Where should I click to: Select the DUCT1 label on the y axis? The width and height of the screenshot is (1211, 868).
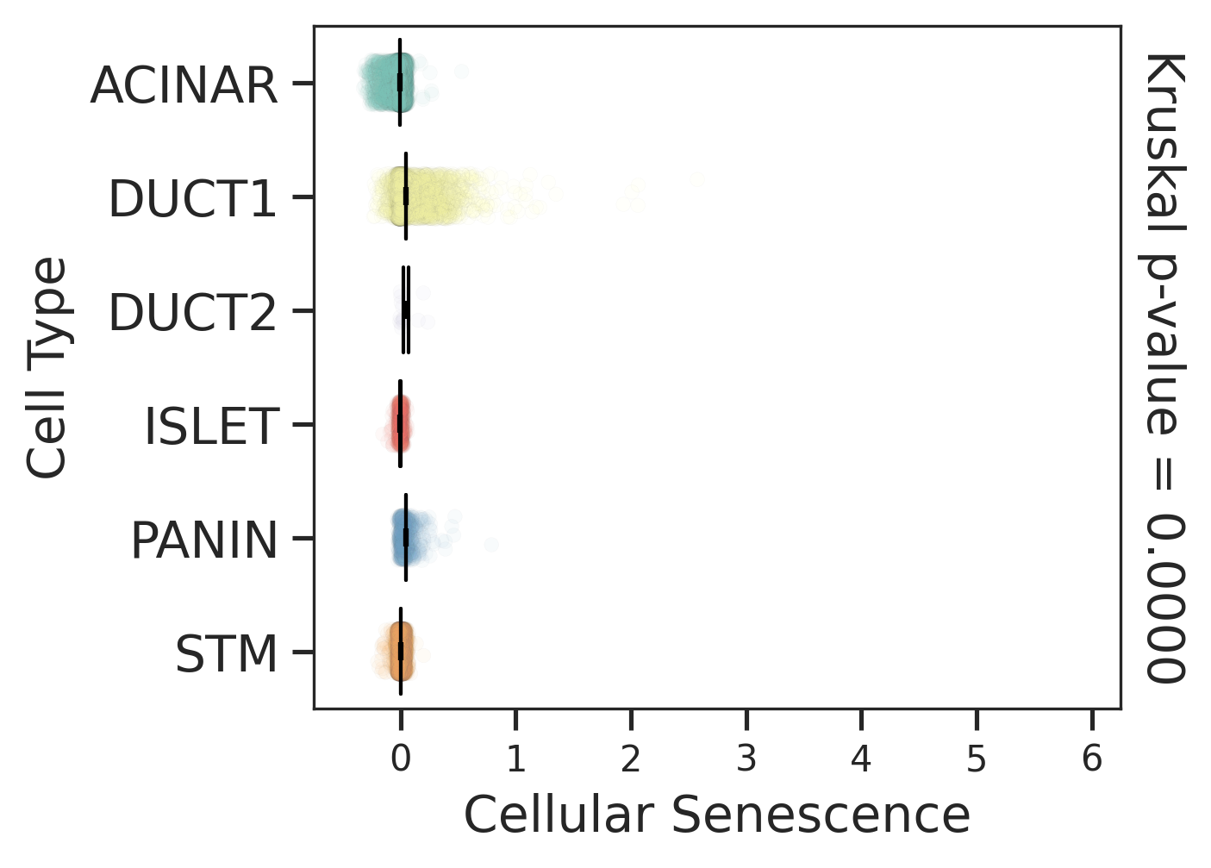tap(192, 199)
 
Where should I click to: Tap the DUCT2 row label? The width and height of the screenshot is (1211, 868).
tap(192, 313)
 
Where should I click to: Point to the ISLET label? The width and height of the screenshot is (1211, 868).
tap(211, 427)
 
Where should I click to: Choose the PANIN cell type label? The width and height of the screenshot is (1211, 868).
tap(204, 540)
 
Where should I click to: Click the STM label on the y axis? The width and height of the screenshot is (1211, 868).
tap(227, 654)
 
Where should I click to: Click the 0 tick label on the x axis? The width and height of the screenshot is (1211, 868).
tap(400, 759)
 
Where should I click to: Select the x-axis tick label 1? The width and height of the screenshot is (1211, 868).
tap(515, 759)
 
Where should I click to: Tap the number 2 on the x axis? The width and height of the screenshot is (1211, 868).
tap(631, 759)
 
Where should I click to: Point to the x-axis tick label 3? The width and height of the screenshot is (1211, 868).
tap(746, 759)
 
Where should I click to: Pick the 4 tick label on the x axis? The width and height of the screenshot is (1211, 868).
tap(861, 759)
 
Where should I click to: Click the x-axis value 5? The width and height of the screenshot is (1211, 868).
tap(977, 759)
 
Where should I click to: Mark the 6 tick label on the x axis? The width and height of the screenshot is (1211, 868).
tap(1092, 759)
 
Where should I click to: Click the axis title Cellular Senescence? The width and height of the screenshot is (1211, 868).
tap(717, 815)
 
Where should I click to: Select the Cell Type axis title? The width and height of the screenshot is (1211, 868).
tap(47, 367)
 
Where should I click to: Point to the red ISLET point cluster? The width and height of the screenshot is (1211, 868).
tap(399, 422)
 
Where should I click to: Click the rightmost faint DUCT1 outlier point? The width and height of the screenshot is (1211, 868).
tap(695, 180)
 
